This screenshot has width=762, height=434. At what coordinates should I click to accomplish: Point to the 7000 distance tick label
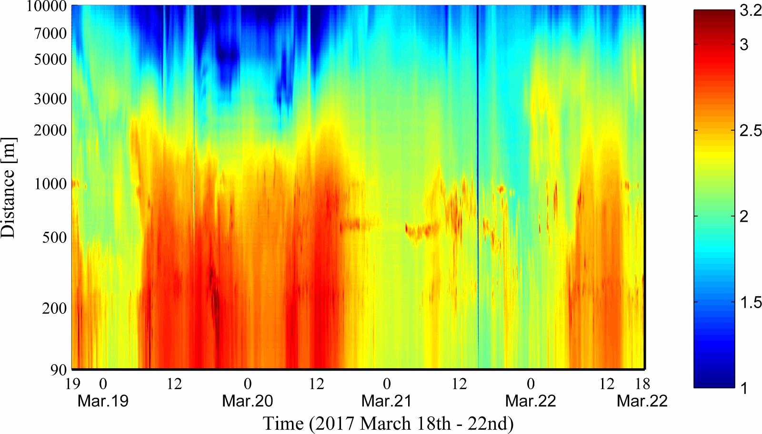point(50,33)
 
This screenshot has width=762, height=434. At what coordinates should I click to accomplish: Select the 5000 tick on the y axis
point(50,60)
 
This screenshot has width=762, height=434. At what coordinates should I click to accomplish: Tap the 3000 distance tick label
point(50,99)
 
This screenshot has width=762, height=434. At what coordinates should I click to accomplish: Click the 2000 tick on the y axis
point(50,130)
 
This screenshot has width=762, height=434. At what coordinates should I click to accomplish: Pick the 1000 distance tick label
point(50,184)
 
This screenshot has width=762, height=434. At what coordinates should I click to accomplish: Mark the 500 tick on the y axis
point(54,237)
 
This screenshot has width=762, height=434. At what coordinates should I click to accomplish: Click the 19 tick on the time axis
point(73,384)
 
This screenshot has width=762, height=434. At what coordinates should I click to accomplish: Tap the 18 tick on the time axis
point(642,384)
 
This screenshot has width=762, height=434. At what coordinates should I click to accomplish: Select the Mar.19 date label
point(103,401)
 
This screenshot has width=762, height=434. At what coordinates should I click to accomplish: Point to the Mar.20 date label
point(248,401)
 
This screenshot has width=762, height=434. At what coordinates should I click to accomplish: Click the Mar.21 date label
point(386,401)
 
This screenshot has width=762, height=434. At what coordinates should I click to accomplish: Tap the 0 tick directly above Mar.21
point(387,384)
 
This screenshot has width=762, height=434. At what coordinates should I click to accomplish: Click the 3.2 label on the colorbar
point(751,11)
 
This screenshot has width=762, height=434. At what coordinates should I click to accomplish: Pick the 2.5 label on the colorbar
point(751,131)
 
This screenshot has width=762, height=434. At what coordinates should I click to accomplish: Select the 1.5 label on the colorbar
point(751,302)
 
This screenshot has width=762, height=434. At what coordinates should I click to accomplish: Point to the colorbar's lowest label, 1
point(744,388)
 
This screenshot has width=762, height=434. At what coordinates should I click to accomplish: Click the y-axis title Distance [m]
point(9,187)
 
